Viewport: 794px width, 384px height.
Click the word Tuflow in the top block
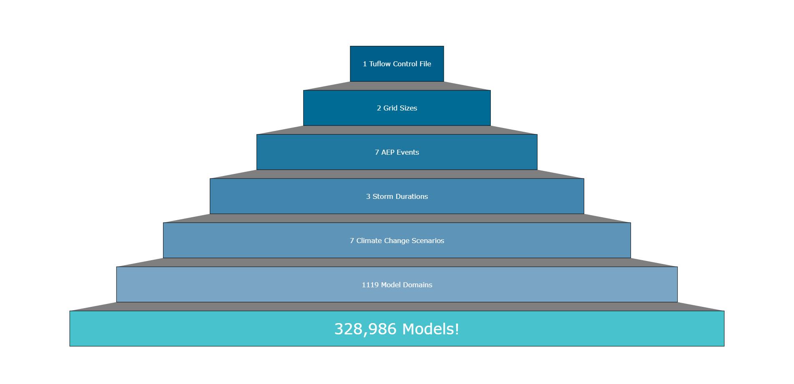(x=380, y=64)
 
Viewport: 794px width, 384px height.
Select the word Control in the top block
(x=405, y=64)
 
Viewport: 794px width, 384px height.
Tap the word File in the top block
(x=425, y=64)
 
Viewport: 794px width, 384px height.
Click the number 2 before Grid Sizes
(x=379, y=108)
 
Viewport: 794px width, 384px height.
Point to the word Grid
(x=390, y=108)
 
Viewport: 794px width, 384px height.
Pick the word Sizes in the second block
(x=408, y=108)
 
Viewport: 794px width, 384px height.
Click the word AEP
(x=388, y=152)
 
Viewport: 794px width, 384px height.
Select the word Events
(x=408, y=152)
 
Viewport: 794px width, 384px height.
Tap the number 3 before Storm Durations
(x=368, y=196)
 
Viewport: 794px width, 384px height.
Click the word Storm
(x=383, y=196)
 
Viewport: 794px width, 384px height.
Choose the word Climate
(x=369, y=241)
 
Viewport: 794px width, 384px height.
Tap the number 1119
(x=370, y=285)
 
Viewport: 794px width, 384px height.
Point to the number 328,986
(x=365, y=329)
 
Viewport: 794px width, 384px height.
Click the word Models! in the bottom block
(x=431, y=329)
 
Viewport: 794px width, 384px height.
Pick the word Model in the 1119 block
(x=391, y=285)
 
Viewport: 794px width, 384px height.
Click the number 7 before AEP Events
(x=377, y=152)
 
